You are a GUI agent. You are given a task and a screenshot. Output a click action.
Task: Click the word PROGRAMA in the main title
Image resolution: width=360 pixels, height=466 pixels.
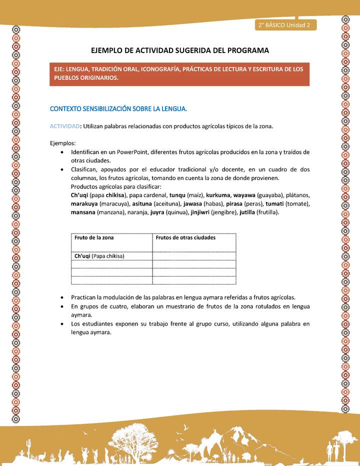click(245, 50)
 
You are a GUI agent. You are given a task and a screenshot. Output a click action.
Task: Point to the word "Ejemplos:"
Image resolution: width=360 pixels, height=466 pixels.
click(62, 143)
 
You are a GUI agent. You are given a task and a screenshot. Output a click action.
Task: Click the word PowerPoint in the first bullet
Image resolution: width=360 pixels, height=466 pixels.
click(133, 152)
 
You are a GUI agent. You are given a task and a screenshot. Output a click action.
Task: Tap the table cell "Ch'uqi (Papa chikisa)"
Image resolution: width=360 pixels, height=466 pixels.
click(99, 256)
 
